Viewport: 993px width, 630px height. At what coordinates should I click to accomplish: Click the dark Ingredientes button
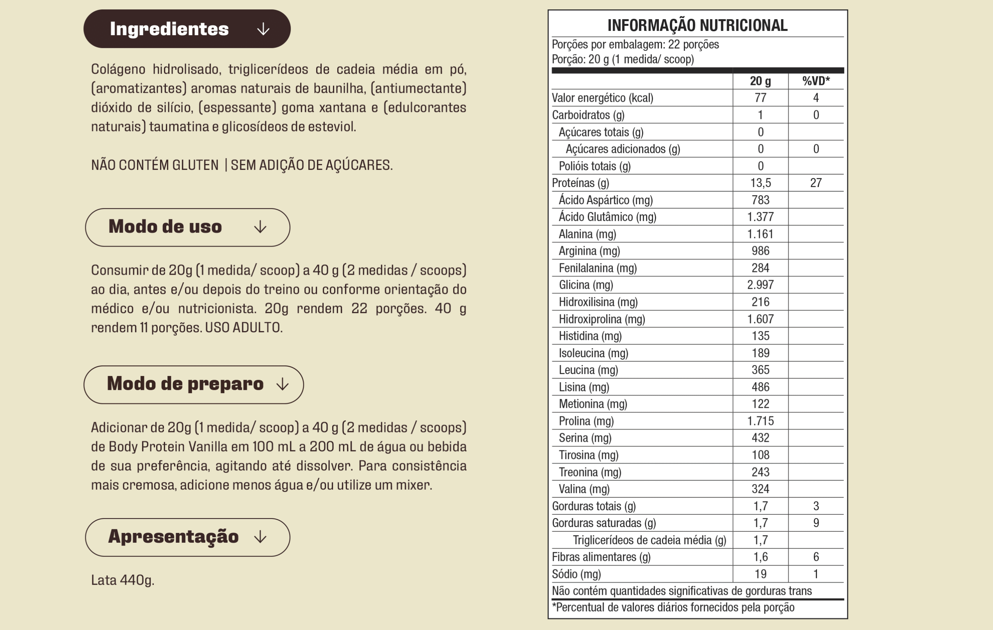point(187,29)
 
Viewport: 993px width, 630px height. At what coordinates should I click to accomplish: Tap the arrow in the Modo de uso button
point(260,227)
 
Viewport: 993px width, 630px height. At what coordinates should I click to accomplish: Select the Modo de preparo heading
point(185,384)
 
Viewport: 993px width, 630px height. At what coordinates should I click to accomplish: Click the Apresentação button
point(188,537)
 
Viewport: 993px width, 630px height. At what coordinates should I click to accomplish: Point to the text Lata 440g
point(123,580)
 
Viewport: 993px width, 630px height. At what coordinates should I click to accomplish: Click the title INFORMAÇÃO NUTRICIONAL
point(697,25)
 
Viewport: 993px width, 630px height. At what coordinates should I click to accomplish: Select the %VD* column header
point(816,81)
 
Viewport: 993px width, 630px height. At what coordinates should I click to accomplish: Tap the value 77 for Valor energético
point(761,98)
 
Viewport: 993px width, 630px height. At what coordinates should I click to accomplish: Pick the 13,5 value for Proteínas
point(761,183)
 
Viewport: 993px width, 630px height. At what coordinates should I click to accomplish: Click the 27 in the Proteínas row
point(816,183)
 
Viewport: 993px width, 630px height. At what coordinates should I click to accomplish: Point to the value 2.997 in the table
point(761,285)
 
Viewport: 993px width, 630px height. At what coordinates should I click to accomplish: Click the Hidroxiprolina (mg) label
point(602,319)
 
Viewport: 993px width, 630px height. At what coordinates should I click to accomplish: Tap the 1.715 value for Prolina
point(761,421)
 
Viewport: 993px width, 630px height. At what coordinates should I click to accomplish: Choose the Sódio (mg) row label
point(576,574)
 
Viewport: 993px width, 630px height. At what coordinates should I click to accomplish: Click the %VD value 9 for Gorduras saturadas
point(816,523)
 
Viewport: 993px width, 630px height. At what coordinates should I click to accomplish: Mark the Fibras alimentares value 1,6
point(761,557)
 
